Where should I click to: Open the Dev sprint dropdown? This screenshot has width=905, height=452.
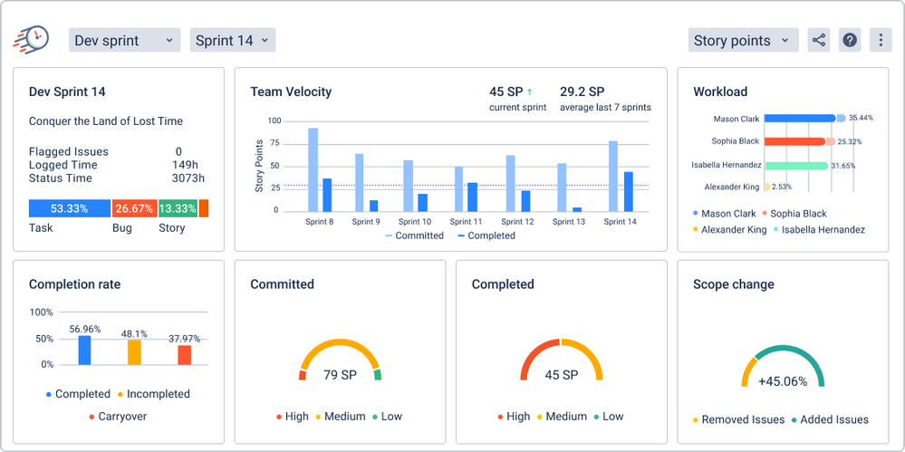click(124, 40)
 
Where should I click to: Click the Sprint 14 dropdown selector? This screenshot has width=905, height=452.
click(232, 40)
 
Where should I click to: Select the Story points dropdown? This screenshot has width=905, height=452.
click(743, 40)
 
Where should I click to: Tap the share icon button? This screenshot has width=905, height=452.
click(819, 40)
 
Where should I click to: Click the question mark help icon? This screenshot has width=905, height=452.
click(849, 40)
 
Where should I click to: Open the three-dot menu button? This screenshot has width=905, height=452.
click(880, 40)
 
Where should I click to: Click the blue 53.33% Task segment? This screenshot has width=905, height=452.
click(69, 208)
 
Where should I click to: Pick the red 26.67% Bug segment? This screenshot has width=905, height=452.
click(133, 208)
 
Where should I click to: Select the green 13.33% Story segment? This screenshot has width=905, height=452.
click(178, 208)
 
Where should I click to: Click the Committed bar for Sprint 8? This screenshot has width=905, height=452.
click(313, 169)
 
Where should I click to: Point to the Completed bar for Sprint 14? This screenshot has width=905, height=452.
click(628, 191)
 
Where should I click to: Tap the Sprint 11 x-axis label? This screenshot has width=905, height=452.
click(466, 222)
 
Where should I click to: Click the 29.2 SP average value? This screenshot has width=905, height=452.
click(582, 91)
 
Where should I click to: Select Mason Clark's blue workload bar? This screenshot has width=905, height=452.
click(799, 118)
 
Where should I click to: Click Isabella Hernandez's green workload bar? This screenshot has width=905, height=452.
click(795, 166)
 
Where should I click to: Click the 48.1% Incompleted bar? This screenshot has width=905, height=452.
click(134, 351)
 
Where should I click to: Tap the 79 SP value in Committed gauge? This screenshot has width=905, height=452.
click(340, 374)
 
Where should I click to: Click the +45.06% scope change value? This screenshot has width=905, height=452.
click(783, 381)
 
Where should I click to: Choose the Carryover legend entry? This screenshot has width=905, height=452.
click(118, 417)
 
